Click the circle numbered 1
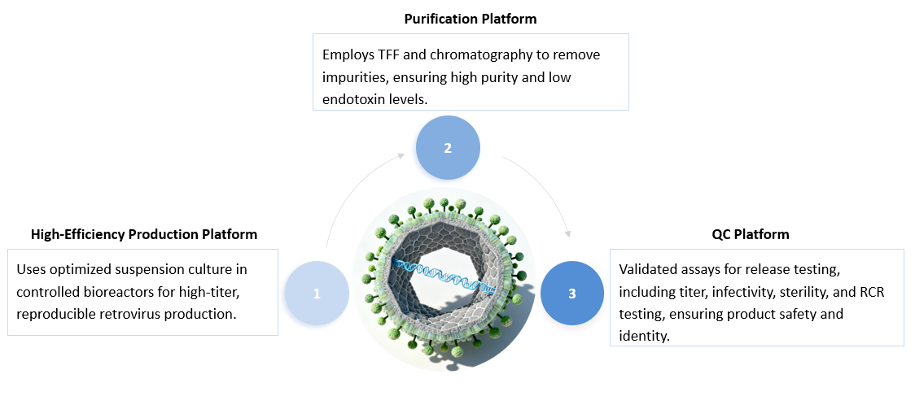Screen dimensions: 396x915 click(317, 293)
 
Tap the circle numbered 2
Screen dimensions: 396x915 click(448, 148)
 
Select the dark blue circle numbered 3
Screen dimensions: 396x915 click(572, 293)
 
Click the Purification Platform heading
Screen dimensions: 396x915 click(471, 18)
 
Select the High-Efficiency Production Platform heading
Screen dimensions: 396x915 click(144, 234)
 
